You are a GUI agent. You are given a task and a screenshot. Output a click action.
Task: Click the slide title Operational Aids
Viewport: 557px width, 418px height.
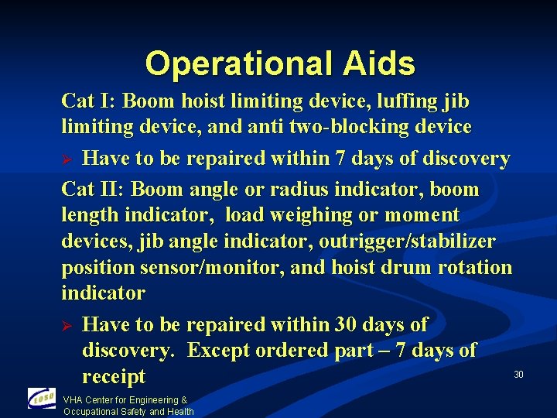[x=279, y=63]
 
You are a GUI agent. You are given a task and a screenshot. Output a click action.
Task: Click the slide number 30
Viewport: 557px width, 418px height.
[x=518, y=375]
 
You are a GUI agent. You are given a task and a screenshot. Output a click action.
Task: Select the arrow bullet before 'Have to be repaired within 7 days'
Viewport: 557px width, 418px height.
[x=67, y=159]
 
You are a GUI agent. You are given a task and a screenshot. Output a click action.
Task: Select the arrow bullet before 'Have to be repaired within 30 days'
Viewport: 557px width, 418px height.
[x=67, y=324]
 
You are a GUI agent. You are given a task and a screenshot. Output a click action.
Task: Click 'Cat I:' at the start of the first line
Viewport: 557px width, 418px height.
[x=89, y=101]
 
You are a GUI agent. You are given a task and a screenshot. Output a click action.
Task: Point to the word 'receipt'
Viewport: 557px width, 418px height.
[x=113, y=377]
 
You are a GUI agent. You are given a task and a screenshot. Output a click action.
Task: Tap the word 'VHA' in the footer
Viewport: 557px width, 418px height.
[x=73, y=400]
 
